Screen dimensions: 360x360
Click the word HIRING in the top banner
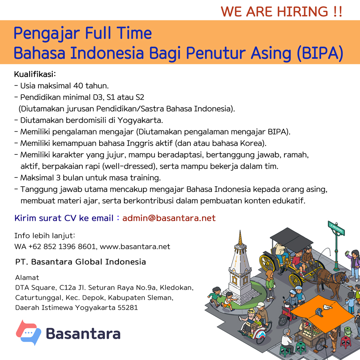click(303, 12)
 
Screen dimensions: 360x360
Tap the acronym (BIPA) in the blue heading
click(320, 53)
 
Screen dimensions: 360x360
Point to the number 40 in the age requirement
click(78, 86)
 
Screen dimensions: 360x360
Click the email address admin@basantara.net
click(169, 218)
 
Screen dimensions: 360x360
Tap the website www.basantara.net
click(135, 246)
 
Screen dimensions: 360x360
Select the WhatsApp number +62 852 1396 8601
click(62, 246)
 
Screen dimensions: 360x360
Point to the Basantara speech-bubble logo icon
click(28, 332)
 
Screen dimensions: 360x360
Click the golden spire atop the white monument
click(240, 238)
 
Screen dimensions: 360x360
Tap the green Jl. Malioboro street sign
click(336, 228)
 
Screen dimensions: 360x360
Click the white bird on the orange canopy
click(327, 307)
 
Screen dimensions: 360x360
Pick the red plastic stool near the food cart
click(346, 342)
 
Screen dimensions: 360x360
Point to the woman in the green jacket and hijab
click(270, 284)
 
